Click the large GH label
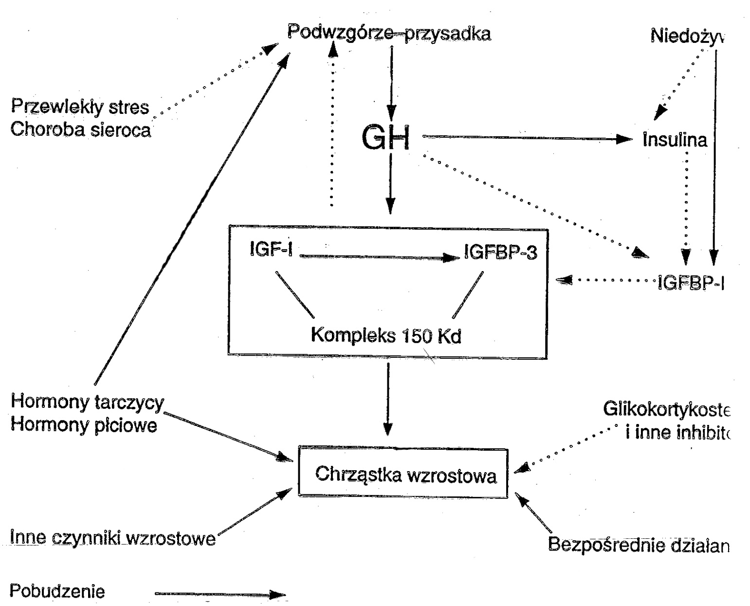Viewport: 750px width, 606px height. [385, 138]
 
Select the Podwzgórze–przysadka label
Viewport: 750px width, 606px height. [389, 34]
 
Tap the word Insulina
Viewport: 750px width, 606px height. [675, 140]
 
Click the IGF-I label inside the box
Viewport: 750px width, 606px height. [271, 250]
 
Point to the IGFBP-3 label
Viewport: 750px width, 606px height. [501, 252]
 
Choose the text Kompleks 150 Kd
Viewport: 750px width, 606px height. [386, 336]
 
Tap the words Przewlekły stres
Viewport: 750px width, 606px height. [80, 107]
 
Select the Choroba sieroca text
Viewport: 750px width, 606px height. [80, 130]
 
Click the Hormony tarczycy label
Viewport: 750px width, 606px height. [87, 403]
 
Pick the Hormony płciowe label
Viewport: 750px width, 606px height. [84, 425]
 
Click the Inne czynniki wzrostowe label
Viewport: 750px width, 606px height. [112, 538]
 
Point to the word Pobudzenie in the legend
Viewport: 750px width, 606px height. [57, 591]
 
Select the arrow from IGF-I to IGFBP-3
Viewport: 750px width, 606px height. [380, 257]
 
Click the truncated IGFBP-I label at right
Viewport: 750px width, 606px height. [690, 283]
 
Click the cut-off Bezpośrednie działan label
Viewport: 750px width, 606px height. [638, 545]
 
